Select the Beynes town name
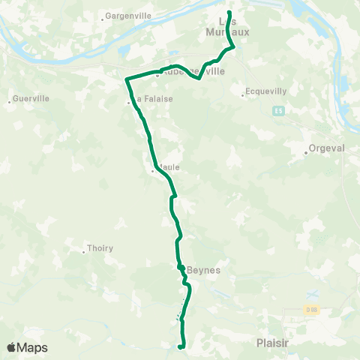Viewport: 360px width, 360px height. (202, 270)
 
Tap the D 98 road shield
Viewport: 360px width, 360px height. (311, 310)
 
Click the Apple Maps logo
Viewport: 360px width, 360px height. (28, 347)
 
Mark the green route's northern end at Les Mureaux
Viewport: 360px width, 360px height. (229, 13)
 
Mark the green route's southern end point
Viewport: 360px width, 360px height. (180, 347)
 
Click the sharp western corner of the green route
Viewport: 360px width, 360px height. (125, 78)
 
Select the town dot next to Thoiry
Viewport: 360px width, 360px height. (84, 250)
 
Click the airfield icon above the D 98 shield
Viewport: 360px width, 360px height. (313, 294)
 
